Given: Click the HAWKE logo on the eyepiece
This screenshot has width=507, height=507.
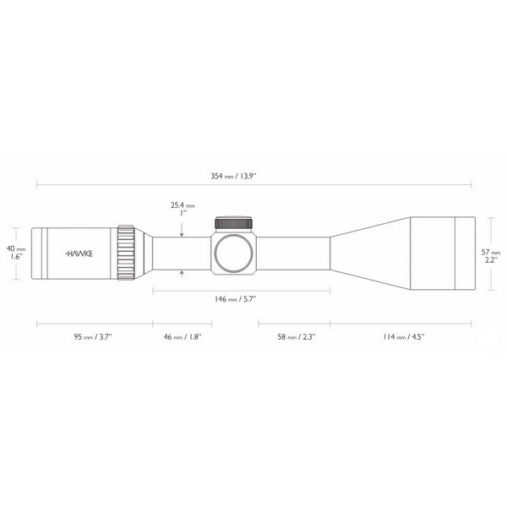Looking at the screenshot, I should tap(81, 253).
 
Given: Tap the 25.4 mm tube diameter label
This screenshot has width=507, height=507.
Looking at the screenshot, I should tap(183, 205).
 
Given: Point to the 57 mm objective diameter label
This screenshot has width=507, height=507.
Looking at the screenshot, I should tap(492, 251).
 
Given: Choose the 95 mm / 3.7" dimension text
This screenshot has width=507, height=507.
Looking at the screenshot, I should tap(94, 336).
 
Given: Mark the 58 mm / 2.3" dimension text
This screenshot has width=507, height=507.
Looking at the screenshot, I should tap(292, 336).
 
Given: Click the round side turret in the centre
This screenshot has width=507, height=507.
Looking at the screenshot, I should tap(233, 253).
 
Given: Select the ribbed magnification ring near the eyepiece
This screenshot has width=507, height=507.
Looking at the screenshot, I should tap(127, 252).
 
